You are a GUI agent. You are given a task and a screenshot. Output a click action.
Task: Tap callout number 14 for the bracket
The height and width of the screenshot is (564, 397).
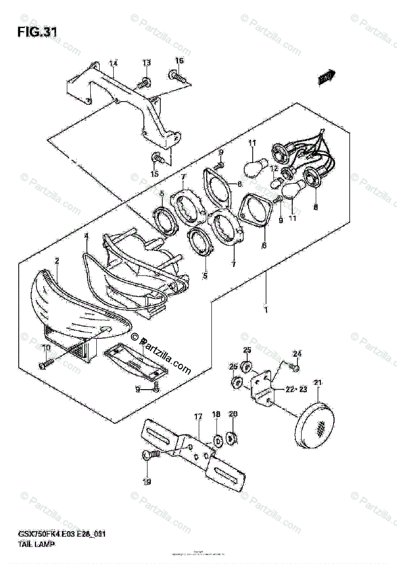(x=114, y=63)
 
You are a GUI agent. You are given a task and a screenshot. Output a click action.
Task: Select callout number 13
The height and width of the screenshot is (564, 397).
(x=147, y=63)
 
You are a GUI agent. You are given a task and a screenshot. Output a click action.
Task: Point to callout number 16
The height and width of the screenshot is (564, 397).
(x=179, y=61)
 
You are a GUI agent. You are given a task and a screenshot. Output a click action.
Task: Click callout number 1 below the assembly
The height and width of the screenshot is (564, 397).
(x=266, y=310)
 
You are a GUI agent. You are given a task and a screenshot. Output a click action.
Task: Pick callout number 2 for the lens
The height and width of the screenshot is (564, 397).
(x=56, y=260)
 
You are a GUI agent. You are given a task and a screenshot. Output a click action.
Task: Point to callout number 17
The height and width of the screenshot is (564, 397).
(x=198, y=416)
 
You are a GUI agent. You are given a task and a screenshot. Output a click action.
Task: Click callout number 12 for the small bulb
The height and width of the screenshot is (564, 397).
(x=274, y=168)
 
